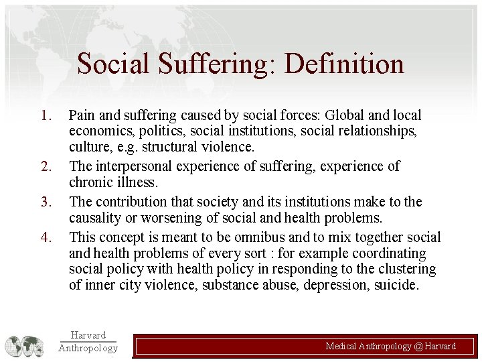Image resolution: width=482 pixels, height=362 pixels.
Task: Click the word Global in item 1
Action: tap(349, 116)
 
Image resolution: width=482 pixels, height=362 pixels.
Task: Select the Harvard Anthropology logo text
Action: tap(88, 341)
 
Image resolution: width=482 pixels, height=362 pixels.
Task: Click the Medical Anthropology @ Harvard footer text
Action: tap(390, 346)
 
